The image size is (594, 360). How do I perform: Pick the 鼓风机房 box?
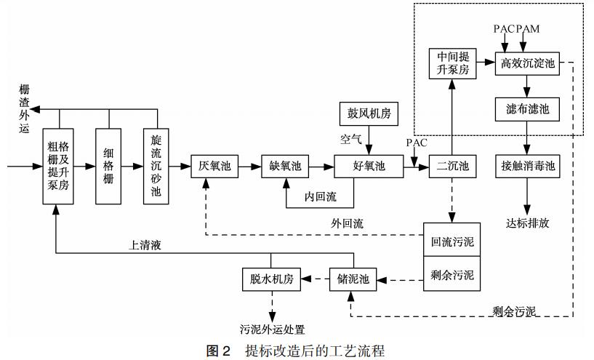369,114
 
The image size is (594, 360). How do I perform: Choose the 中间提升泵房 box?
453,63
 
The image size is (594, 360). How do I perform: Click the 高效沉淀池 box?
528,63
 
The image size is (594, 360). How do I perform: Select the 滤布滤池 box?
528,109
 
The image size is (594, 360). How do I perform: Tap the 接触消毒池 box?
528,167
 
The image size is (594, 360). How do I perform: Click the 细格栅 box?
109,167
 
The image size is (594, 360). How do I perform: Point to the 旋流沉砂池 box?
156,167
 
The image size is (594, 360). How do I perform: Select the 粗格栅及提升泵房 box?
58,167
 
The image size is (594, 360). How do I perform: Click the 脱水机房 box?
270,279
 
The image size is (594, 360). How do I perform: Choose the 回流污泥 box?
453,241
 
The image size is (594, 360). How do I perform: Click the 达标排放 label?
528,223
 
